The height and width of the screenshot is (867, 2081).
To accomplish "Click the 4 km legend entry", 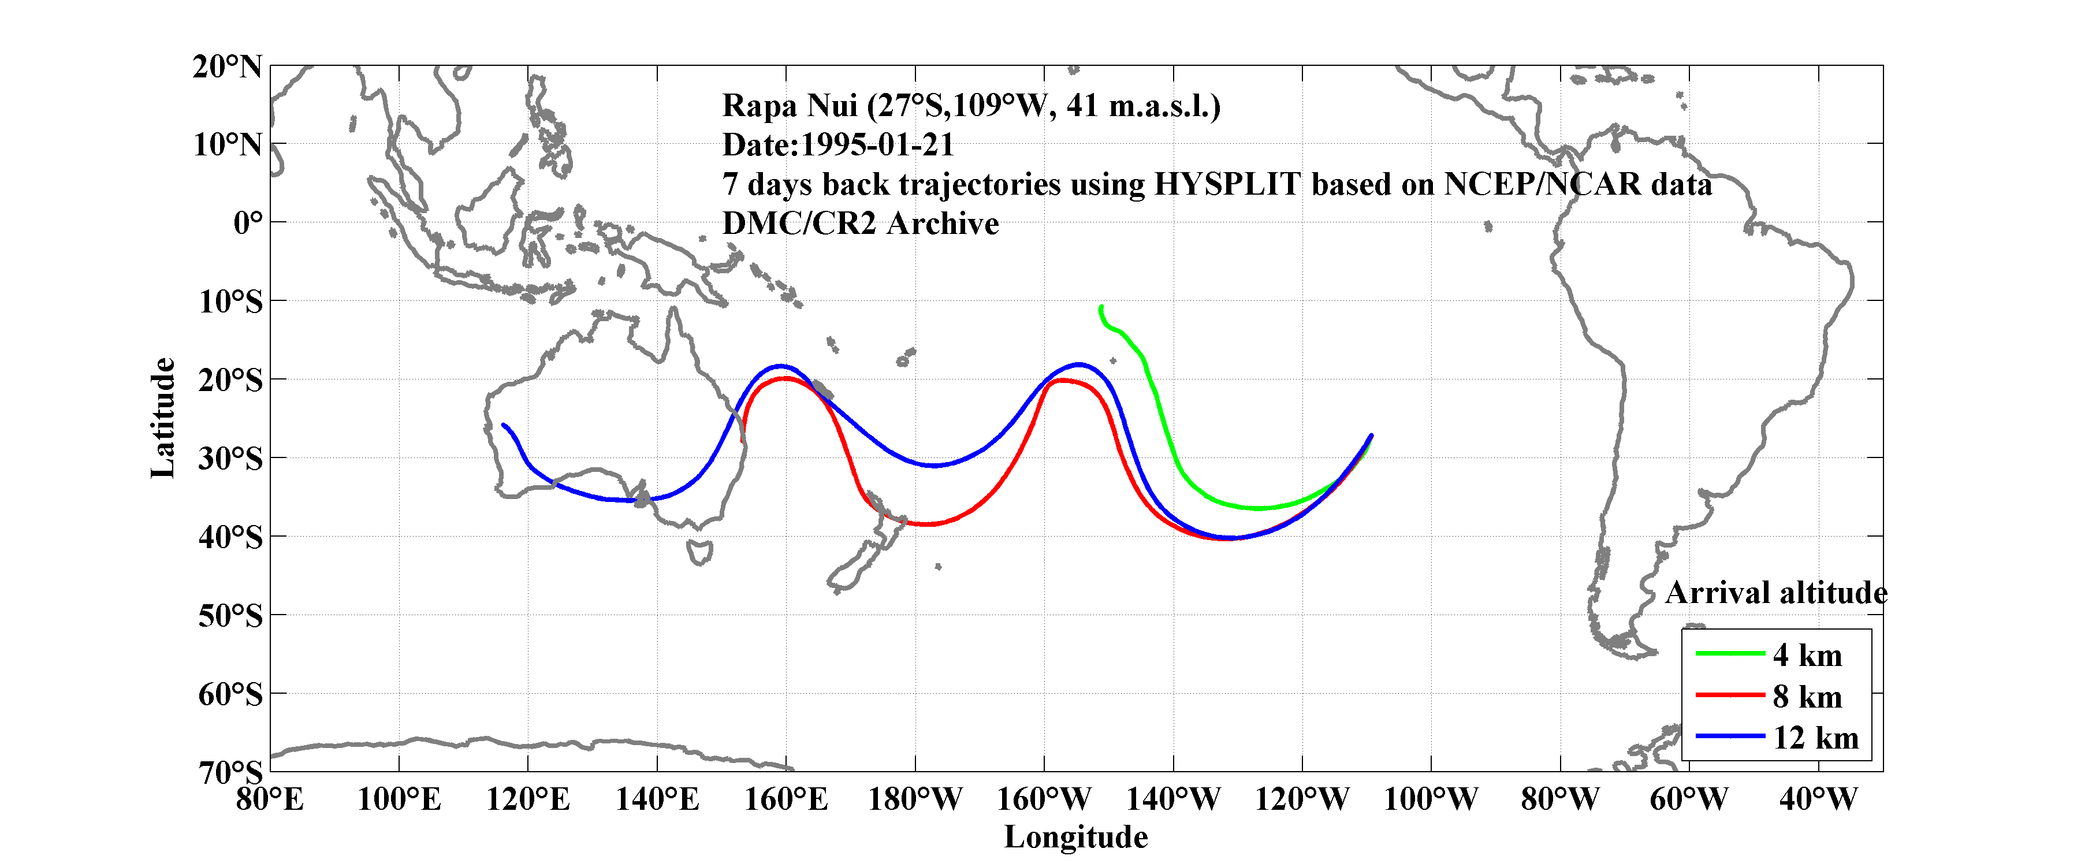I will click(x=1807, y=655).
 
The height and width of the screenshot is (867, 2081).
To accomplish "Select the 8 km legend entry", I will click(x=1807, y=697).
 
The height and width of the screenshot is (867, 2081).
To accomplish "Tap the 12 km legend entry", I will click(x=1815, y=738).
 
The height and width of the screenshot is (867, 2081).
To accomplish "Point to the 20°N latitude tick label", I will click(x=227, y=66).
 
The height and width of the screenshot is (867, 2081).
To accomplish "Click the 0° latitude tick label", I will click(x=247, y=222).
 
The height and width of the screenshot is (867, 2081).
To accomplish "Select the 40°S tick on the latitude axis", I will click(x=230, y=537).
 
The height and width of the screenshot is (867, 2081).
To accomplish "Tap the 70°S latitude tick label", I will click(x=230, y=772).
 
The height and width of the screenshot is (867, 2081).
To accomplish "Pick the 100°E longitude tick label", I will click(x=399, y=799).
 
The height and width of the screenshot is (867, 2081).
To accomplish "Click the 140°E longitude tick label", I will click(x=657, y=799).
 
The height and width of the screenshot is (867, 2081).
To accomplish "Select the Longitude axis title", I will click(x=1075, y=837).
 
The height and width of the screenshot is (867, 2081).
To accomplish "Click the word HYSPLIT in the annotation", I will click(x=1226, y=184).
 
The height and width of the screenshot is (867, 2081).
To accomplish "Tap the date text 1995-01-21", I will click(x=877, y=144).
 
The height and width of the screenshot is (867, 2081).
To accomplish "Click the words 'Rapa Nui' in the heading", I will click(x=788, y=106).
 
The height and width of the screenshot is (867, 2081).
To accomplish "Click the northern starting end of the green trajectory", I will click(x=1101, y=307).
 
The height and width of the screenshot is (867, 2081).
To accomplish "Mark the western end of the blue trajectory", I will click(x=503, y=424).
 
